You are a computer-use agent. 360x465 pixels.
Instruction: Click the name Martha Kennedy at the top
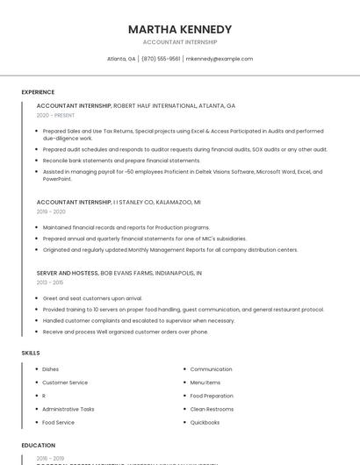pyautogui.click(x=180, y=29)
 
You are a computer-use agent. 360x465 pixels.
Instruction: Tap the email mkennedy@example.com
pyautogui.click(x=220, y=59)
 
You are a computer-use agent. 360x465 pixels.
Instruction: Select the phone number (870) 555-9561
pyautogui.click(x=161, y=59)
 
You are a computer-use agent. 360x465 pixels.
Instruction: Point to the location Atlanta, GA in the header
pyautogui.click(x=121, y=59)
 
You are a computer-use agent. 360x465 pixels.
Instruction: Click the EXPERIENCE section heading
pyautogui.click(x=38, y=92)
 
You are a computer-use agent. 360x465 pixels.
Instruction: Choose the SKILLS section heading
pyautogui.click(x=31, y=353)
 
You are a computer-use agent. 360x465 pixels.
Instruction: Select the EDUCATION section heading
pyautogui.click(x=38, y=446)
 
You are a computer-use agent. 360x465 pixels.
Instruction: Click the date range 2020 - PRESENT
pyautogui.click(x=55, y=115)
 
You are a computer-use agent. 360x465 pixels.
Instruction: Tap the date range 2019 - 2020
pyautogui.click(x=51, y=211)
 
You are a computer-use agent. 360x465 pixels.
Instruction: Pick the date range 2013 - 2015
pyautogui.click(x=50, y=283)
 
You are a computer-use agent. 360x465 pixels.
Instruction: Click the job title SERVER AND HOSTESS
pyautogui.click(x=68, y=273)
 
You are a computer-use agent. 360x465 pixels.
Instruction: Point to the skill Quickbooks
pyautogui.click(x=205, y=422)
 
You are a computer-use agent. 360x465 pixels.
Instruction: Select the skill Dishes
pyautogui.click(x=50, y=369)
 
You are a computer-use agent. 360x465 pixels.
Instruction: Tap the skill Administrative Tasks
pyautogui.click(x=68, y=409)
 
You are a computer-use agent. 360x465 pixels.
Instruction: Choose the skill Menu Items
pyautogui.click(x=205, y=383)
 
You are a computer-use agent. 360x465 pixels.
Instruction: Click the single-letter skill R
pyautogui.click(x=44, y=396)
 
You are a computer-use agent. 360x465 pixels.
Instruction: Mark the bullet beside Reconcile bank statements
pyautogui.click(x=36, y=161)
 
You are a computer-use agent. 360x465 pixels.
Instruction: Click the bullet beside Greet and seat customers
pyautogui.click(x=36, y=298)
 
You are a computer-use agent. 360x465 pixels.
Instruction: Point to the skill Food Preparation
pyautogui.click(x=211, y=396)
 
